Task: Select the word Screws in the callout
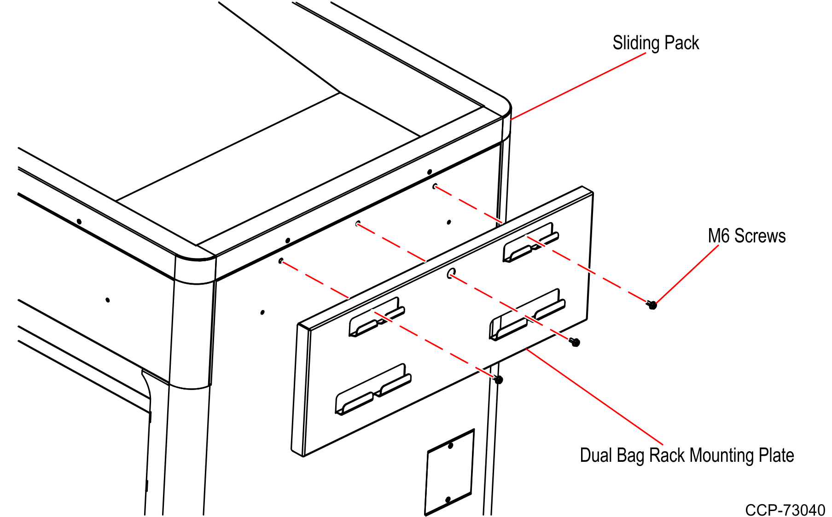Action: pos(760,236)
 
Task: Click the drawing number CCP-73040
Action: pos(785,510)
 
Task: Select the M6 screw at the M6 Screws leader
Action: pos(652,304)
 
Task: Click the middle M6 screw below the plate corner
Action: pos(575,342)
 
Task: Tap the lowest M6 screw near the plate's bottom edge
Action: pos(498,379)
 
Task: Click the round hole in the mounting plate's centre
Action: pos(451,273)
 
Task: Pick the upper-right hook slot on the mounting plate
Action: pos(531,243)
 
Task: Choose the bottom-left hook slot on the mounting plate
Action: pos(373,390)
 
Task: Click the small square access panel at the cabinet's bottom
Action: pos(449,472)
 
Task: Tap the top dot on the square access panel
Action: pos(451,446)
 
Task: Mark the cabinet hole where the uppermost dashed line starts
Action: pos(435,186)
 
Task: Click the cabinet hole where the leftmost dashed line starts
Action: pos(280,261)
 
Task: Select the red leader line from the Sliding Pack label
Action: pos(578,86)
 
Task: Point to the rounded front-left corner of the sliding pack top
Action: pos(196,258)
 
